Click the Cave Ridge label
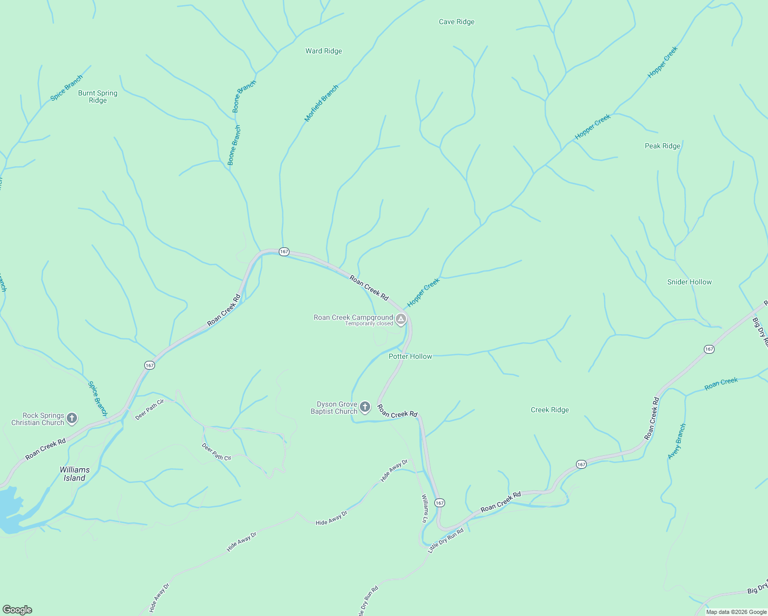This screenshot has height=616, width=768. pos(456,22)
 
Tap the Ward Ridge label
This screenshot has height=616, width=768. pos(323,51)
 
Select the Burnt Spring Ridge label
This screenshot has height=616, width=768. pos(98,97)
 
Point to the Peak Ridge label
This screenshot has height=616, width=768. pos(662,146)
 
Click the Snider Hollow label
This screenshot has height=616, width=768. pos(689,282)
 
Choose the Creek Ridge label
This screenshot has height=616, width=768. pos(549,410)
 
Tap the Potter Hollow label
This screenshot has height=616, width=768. pos(410,356)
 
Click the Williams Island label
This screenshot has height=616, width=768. pos(74,474)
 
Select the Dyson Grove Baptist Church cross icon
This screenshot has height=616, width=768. pos(364,408)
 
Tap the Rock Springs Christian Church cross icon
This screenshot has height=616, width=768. pos(72,418)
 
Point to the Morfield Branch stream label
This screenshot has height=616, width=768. pos(321,103)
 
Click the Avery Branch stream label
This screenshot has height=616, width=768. pos(677,441)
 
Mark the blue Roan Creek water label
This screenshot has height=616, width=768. pos(721,383)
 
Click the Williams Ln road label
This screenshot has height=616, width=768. pos(425,508)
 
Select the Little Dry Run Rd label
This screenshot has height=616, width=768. pos(446,540)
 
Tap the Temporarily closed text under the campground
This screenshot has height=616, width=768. pos(369,324)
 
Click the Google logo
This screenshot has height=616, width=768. pos(17,610)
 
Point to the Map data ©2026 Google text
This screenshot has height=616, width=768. pos(736,612)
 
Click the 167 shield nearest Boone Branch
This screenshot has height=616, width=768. pos(284,252)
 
